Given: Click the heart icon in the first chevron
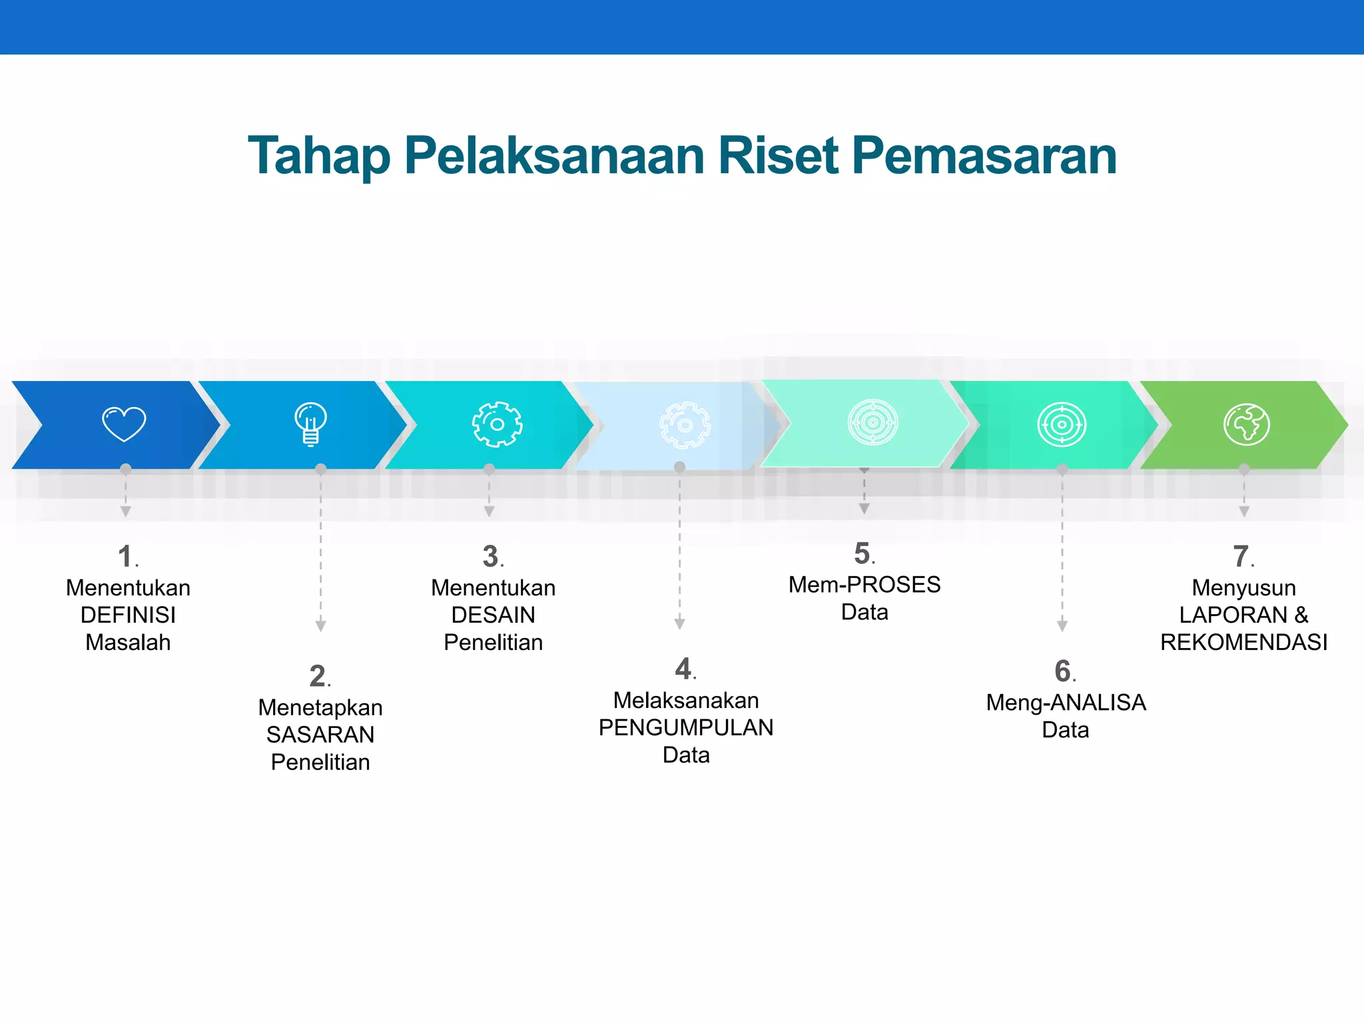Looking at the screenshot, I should tap(124, 424).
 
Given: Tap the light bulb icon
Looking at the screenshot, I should tap(310, 424).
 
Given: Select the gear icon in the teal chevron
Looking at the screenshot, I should tap(497, 424).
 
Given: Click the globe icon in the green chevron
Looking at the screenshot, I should tap(1247, 424).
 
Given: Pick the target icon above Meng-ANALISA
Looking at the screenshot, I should tap(1062, 424).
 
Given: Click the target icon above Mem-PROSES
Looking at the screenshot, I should tap(872, 422).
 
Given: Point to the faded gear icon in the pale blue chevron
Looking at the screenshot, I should tap(685, 425).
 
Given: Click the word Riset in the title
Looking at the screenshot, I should tap(778, 156).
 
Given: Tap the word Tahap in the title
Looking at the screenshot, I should tap(319, 156).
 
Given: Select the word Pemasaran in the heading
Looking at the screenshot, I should tap(984, 156).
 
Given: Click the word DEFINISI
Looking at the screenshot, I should tap(128, 615).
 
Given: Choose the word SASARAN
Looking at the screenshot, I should tap(320, 735).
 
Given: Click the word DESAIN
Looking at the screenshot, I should tap(493, 615).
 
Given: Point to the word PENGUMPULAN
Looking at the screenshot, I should tap(686, 727).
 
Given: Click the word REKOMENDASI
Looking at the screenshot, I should tap(1243, 642).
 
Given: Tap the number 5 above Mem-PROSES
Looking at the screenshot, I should tap(862, 554).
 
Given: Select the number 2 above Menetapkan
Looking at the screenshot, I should tap(318, 677).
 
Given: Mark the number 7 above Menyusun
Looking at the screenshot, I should tap(1240, 557).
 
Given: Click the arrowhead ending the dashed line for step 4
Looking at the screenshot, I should tap(679, 624).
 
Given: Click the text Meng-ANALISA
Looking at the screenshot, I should tap(1066, 703).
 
